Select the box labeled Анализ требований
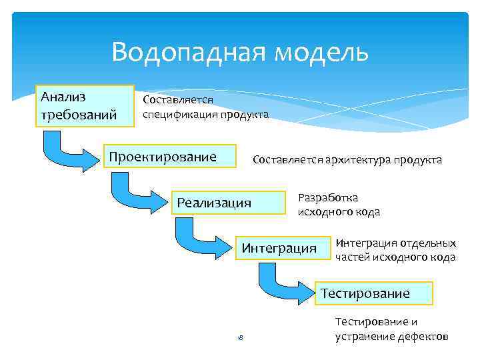[85, 105]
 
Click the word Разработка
[327, 198]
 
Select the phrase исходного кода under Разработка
[339, 212]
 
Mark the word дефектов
[425, 336]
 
